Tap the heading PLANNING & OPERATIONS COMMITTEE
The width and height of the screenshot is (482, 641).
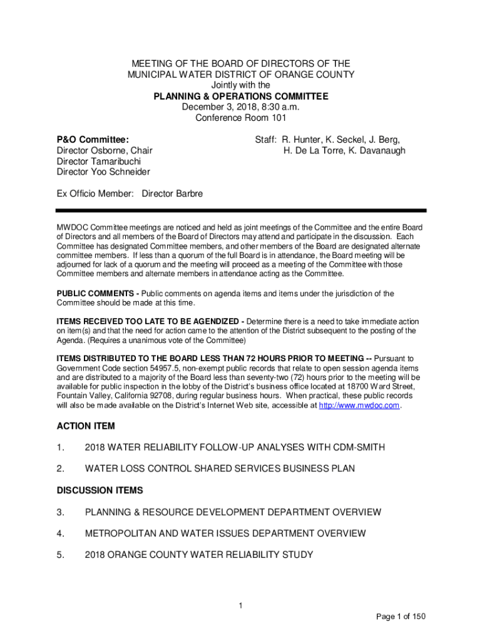241,96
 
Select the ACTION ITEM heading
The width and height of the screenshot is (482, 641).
86,426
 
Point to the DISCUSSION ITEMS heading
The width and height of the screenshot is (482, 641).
100,490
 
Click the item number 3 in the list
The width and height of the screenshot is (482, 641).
61,512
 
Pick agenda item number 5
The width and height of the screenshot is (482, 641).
61,555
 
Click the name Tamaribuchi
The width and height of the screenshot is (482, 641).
115,161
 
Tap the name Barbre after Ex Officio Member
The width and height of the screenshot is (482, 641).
180,193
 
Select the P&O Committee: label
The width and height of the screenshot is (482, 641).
93,140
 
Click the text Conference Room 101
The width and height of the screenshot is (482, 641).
241,118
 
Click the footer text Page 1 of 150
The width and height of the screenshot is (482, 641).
401,617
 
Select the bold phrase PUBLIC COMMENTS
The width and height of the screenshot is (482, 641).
96,293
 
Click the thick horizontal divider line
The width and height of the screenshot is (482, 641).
241,211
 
